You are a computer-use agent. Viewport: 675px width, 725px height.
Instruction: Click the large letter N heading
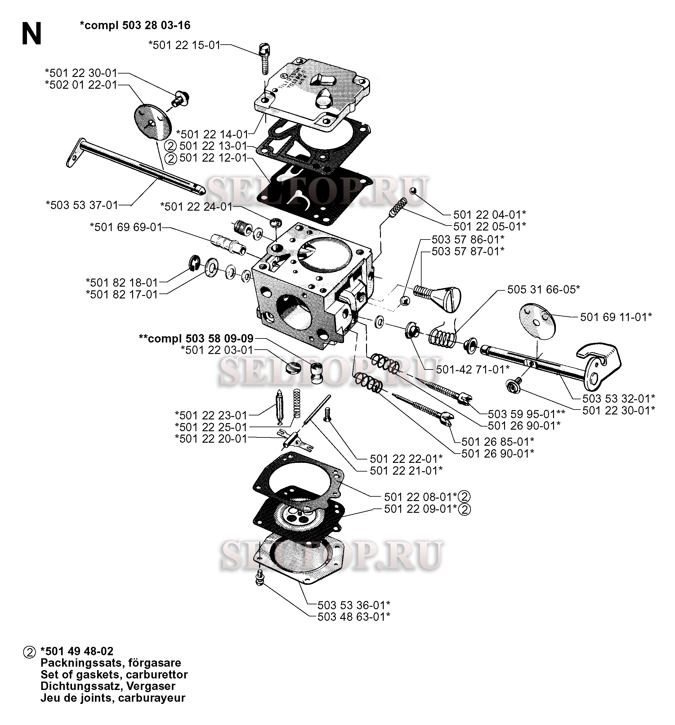pos(31,34)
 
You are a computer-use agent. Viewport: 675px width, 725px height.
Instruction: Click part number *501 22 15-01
pos(184,45)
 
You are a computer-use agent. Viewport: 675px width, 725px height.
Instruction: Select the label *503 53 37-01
pos(82,205)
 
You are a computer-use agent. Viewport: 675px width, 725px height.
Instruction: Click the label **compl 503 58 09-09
pos(196,338)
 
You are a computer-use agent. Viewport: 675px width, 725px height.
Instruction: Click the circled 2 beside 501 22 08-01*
pos(464,497)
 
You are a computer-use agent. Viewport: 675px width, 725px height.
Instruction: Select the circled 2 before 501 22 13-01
pos(170,146)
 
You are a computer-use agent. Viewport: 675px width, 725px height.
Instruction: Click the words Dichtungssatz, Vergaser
pos(108,686)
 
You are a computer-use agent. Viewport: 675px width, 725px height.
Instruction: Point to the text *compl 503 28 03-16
pos(135,25)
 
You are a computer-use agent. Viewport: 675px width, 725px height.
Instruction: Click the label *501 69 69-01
pos(126,228)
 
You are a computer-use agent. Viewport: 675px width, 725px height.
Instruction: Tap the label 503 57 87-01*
pos(468,251)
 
